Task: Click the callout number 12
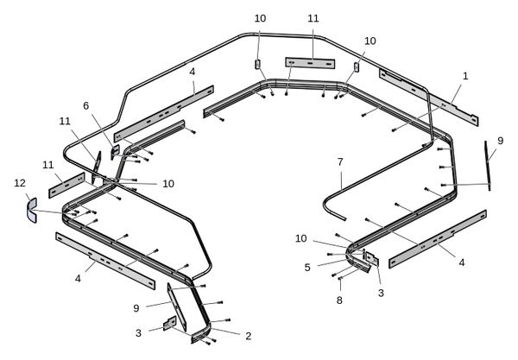(x=20, y=182)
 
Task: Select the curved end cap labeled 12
(x=31, y=210)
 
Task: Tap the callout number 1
(x=465, y=76)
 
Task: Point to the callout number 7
(x=340, y=161)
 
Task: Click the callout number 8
(x=338, y=300)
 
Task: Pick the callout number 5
(x=307, y=268)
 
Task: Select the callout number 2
(x=247, y=336)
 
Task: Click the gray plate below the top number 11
(x=309, y=63)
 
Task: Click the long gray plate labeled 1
(x=429, y=95)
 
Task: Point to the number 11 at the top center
(x=313, y=18)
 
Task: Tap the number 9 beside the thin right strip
(x=500, y=141)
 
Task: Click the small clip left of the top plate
(x=257, y=64)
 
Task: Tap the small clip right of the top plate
(x=356, y=66)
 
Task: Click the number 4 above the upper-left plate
(x=192, y=73)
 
